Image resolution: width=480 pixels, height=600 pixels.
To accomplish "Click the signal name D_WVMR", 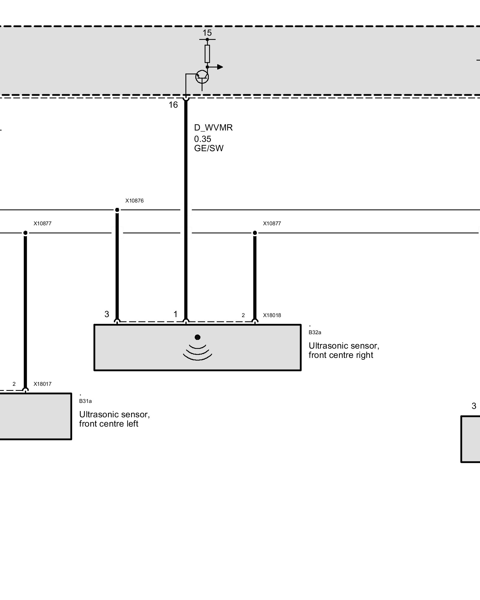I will tap(213, 127).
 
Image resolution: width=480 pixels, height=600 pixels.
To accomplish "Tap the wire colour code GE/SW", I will tap(209, 148).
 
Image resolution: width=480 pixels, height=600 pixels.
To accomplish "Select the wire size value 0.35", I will tap(202, 139).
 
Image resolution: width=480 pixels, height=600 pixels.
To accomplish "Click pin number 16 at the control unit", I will tap(173, 105).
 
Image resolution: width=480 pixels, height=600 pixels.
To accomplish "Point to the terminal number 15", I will tap(207, 33).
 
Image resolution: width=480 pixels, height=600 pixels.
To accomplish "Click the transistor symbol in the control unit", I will tap(202, 77).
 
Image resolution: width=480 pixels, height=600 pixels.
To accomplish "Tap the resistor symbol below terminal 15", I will tap(207, 54).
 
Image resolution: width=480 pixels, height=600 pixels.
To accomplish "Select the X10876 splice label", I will tap(134, 201).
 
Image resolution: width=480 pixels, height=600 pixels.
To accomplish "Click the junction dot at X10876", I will tap(117, 210).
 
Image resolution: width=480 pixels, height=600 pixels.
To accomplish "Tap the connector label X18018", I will tap(272, 315).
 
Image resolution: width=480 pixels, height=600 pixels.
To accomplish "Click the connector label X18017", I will tap(42, 384).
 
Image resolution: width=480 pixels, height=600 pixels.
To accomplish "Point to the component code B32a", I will tap(315, 332).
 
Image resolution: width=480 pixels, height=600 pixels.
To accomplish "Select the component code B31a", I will tap(85, 401).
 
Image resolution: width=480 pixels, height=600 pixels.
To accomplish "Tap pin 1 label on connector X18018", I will tap(175, 314).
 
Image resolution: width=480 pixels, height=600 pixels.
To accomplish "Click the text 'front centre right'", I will tap(341, 355).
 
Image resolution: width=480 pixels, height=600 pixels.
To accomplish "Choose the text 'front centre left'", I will tap(109, 424).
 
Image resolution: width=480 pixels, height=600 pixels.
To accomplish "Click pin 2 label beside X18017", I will tap(14, 384).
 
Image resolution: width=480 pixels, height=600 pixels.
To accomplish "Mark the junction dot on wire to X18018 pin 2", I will tap(255, 233).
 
